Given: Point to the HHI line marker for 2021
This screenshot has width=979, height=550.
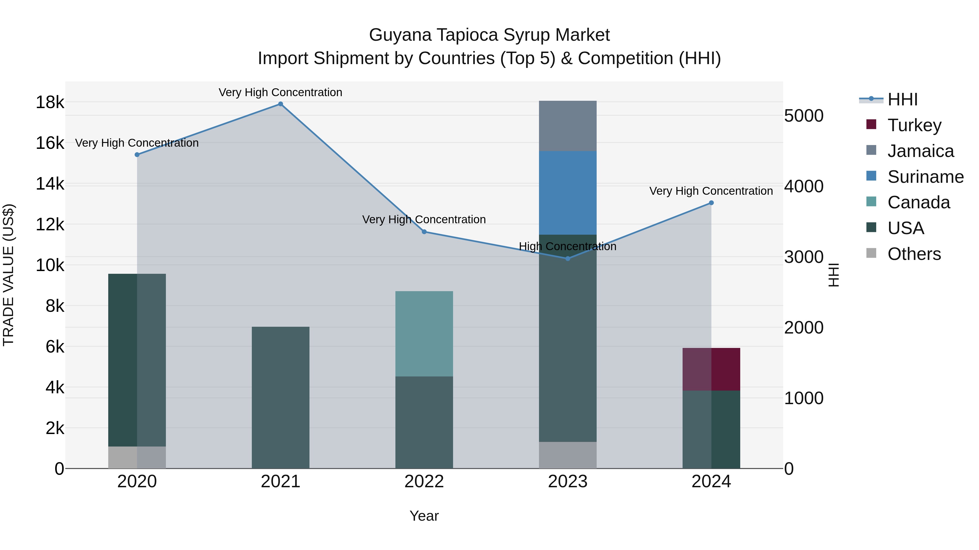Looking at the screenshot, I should point(280,104).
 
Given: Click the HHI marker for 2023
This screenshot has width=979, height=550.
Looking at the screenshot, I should point(568,259).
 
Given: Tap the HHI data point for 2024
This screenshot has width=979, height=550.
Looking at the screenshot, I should point(711,203).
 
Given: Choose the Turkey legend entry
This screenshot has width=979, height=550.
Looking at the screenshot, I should point(914,125).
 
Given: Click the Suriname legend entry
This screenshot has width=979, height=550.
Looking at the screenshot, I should point(925,177).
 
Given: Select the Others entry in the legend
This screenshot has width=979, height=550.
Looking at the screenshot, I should point(914,254).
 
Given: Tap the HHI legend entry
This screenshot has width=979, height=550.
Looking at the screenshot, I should point(902,99).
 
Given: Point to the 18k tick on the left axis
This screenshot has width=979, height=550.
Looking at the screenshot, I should point(50,102).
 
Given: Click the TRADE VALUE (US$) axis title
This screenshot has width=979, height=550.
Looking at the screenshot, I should point(8,275).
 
